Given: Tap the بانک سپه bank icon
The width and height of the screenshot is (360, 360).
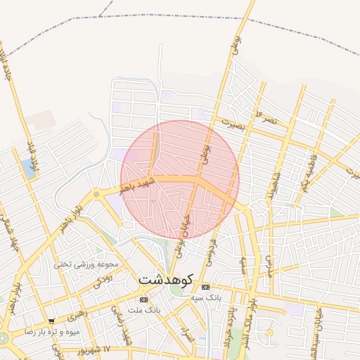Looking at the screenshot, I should pos(205,288).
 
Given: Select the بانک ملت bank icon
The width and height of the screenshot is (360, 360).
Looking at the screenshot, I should pos(144,300).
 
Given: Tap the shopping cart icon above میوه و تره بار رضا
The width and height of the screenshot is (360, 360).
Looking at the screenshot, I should pos(51,322).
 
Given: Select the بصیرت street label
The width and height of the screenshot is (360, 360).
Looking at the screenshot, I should pos(231,122).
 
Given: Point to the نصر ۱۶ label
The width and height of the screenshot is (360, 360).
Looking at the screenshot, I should pos(268,118).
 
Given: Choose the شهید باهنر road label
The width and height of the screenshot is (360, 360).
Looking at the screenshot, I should pos(135,186).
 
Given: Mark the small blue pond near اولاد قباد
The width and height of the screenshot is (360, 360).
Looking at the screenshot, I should pos(28,167).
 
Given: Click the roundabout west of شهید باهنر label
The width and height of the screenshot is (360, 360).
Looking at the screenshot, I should pos(96,194).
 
